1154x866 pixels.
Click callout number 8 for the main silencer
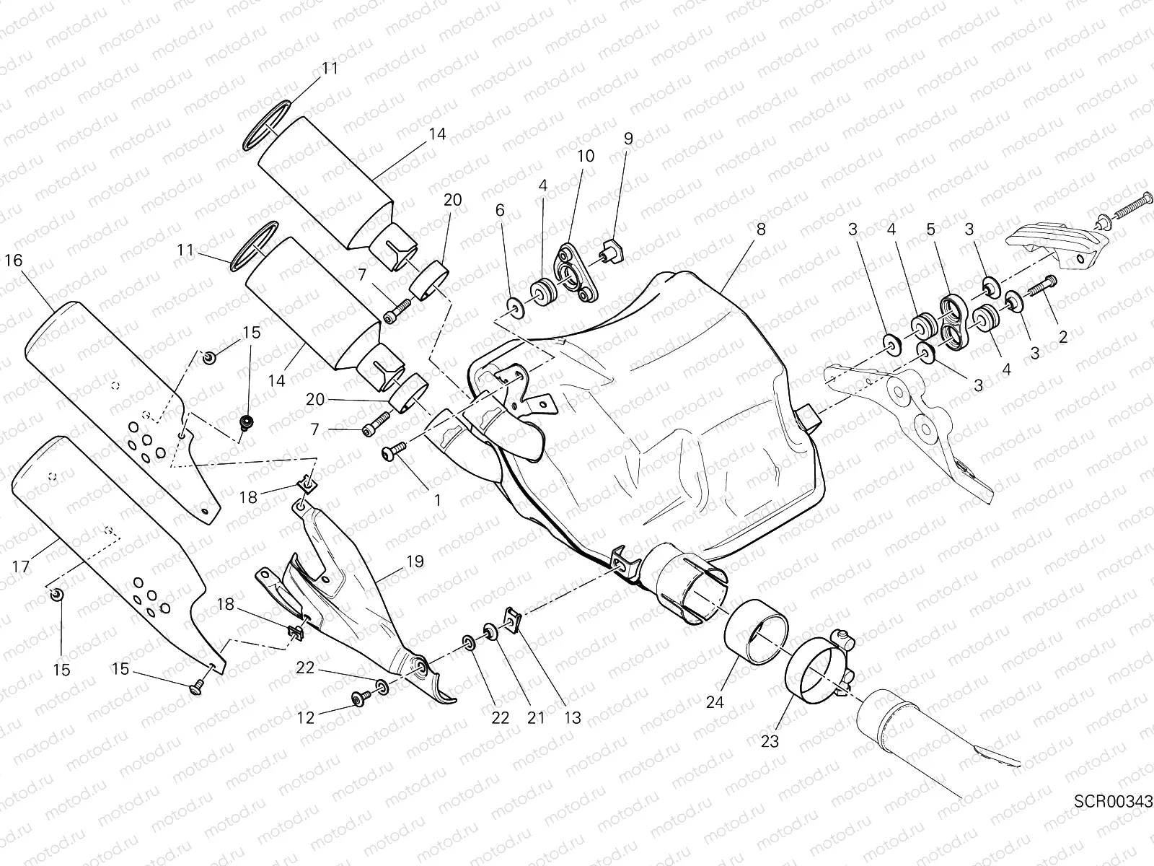tap(761, 229)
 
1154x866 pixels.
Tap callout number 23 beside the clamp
tap(770, 741)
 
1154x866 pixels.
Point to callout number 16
tap(14, 261)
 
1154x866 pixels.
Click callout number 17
tap(21, 567)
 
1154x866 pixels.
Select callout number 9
tap(627, 139)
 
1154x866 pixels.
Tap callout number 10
tap(585, 156)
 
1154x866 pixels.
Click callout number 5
tap(930, 229)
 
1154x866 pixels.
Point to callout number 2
tap(1062, 336)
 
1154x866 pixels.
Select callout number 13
tap(572, 718)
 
